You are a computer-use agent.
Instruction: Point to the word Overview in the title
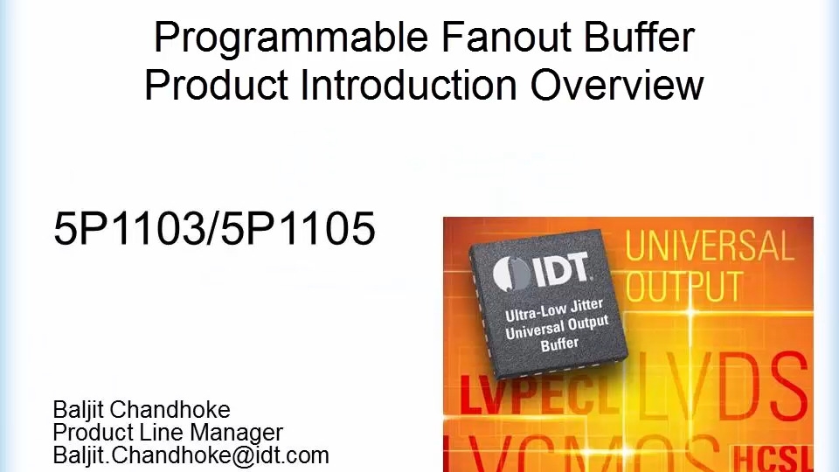point(616,85)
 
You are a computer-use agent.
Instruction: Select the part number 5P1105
point(298,229)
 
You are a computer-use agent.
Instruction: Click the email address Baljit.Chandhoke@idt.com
point(191,455)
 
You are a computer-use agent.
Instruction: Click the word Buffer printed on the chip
point(559,344)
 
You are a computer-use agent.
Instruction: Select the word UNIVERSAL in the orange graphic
point(709,246)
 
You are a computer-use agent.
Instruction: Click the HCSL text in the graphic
point(773,456)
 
